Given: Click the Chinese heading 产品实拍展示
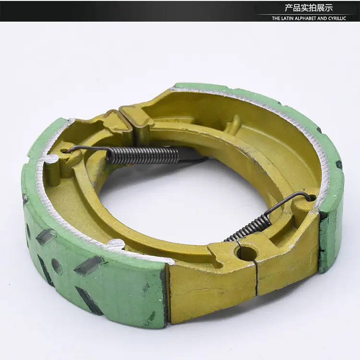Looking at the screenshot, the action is tap(309, 8).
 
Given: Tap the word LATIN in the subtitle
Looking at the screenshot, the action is tap(287, 19).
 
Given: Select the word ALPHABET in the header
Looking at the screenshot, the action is tap(305, 19).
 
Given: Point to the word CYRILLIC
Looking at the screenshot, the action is tap(337, 19).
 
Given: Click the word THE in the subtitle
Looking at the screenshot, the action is tap(276, 19).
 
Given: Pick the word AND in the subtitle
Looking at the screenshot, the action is tap(322, 19).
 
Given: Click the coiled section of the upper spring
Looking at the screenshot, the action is tap(143, 153).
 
